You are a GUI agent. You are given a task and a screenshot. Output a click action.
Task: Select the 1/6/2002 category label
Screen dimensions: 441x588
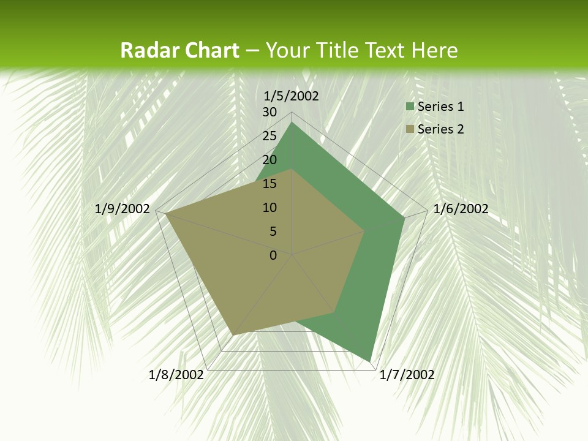(x=461, y=209)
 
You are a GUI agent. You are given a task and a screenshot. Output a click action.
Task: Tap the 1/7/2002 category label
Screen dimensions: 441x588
(x=407, y=375)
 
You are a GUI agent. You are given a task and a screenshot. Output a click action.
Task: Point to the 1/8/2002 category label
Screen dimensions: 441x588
(x=176, y=375)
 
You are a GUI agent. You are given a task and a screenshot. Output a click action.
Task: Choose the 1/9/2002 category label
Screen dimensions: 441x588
(x=123, y=209)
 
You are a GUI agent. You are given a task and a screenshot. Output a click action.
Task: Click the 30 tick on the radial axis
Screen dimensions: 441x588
(x=269, y=112)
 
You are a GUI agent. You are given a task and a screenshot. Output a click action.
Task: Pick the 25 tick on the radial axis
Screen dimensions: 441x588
(x=269, y=136)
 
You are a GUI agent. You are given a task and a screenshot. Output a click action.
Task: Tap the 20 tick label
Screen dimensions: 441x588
(x=269, y=160)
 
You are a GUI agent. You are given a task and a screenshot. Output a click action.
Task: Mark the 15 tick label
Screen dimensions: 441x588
(x=269, y=184)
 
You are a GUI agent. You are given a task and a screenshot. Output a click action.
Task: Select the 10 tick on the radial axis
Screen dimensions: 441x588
(x=269, y=208)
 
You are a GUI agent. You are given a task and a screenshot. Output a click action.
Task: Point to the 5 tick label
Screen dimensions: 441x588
(x=273, y=232)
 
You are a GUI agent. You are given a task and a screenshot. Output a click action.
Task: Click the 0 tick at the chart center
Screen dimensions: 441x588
(x=273, y=255)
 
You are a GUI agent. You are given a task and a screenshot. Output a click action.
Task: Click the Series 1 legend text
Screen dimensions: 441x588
(x=440, y=107)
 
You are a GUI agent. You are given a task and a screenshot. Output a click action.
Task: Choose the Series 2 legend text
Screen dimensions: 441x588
(x=440, y=129)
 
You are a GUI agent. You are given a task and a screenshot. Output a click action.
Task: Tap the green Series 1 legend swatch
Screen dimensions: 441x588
(x=410, y=107)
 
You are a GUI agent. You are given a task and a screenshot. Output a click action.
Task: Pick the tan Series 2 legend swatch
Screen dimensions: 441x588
(x=410, y=129)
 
